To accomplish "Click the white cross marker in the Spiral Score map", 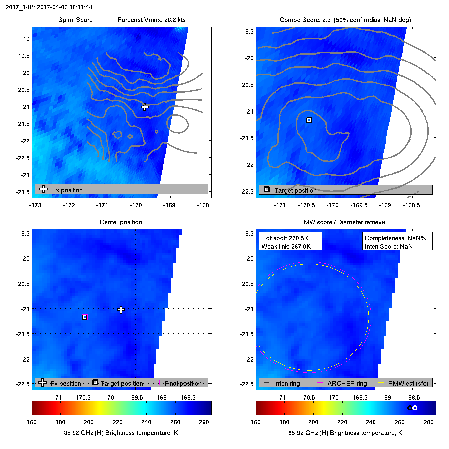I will [145, 107].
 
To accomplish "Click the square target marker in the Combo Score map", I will [309, 120].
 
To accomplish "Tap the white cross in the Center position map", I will [121, 310].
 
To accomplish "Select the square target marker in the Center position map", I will [85, 317].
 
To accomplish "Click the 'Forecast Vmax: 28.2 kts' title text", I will [152, 20].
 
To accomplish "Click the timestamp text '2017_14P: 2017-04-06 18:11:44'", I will [49, 7].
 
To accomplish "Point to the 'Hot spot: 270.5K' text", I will [285, 238].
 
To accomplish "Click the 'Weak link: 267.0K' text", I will [286, 246].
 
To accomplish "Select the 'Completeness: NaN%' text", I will [395, 238].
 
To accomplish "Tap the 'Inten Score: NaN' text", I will [388, 246].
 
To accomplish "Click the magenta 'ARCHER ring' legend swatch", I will [320, 383].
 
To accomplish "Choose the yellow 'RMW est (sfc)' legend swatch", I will [381, 383].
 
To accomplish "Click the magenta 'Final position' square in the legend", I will [157, 383].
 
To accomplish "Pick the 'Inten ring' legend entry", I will [282, 383].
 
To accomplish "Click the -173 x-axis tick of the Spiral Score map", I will [35, 205].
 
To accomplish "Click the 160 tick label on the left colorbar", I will [32, 422].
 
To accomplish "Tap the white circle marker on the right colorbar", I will [415, 408].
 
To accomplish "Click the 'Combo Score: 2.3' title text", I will [305, 20].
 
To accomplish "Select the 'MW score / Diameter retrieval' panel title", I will [345, 222].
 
